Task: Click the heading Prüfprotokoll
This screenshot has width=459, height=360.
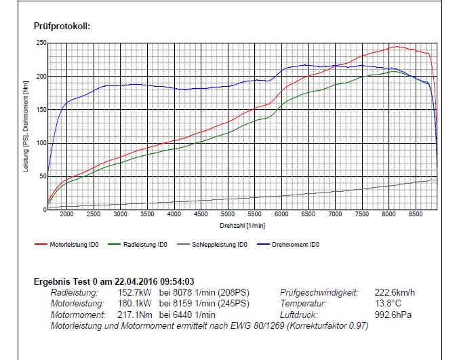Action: point(62,26)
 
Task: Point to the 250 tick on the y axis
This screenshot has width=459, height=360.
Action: point(41,43)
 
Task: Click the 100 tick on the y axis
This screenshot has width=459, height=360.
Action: point(41,143)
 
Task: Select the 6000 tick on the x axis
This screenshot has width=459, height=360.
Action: point(281,214)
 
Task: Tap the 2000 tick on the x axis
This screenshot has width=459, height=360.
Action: point(66,214)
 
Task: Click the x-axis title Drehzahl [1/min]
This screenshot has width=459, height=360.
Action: point(242,224)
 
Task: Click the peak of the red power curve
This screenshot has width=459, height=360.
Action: point(396,47)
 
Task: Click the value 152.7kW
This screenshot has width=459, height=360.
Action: point(132,293)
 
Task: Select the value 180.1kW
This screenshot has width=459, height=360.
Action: point(132,304)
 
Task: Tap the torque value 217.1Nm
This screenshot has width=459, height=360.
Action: point(132,315)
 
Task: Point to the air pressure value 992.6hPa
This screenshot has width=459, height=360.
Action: point(394,315)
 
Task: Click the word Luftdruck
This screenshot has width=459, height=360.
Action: point(298,315)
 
